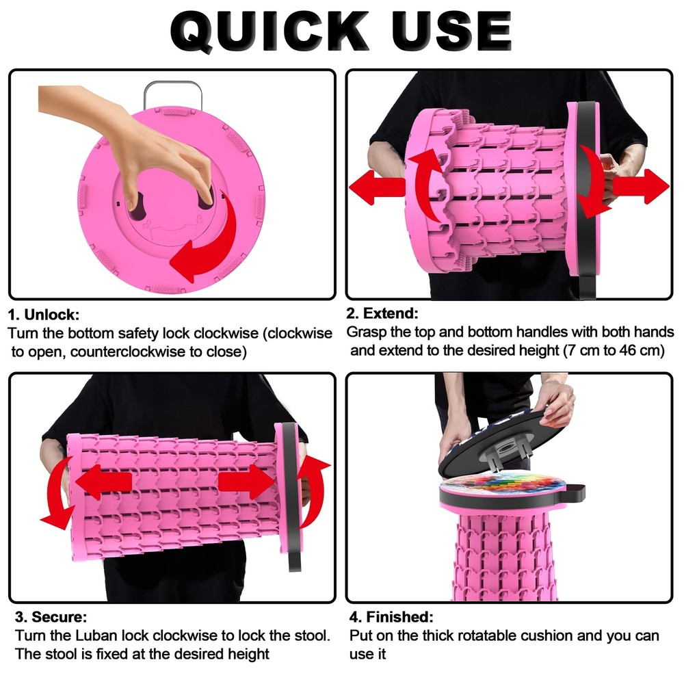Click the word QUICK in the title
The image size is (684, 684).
[269, 31]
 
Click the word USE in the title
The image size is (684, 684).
[451, 31]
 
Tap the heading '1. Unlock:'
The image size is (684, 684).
[44, 315]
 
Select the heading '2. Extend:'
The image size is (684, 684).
[382, 313]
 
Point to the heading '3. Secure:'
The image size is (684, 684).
[51, 617]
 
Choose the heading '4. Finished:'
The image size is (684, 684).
[391, 617]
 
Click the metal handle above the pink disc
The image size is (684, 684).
[173, 94]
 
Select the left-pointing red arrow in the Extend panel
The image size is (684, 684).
[377, 187]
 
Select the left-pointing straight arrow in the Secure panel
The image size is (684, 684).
[104, 482]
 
